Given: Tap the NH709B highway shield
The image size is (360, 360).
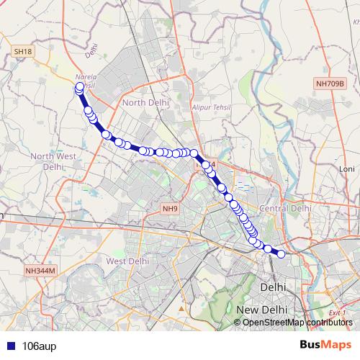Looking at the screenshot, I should (x=330, y=84).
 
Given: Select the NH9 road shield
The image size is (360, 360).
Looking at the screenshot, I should (x=169, y=209).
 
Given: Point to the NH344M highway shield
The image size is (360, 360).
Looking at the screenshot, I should (x=40, y=270).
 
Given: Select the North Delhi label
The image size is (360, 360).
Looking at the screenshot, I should (x=145, y=102).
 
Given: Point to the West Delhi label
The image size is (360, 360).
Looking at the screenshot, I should (x=126, y=261).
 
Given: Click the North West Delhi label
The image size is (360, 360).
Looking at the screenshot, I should (x=53, y=161).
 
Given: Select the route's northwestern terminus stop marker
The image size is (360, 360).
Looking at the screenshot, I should (x=80, y=87).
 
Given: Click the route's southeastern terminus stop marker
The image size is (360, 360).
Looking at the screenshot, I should (x=281, y=253).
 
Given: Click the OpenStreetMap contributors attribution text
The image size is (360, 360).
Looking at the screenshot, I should (x=297, y=322).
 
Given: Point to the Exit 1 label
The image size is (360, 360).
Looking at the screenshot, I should (x=336, y=312).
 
